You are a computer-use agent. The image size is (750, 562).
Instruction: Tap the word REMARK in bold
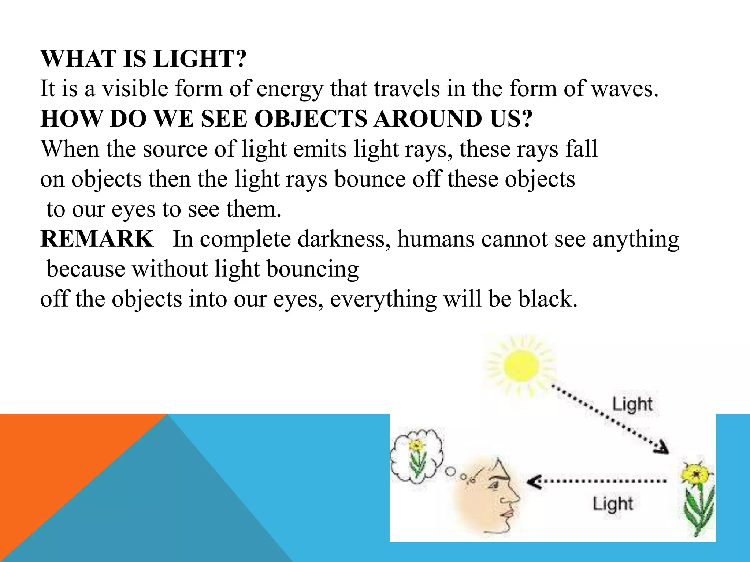click(x=97, y=239)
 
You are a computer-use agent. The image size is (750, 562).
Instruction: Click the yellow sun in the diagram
click(x=521, y=366)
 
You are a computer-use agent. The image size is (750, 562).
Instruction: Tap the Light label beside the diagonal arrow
click(x=632, y=405)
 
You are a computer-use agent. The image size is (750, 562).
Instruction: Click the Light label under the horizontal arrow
click(x=613, y=504)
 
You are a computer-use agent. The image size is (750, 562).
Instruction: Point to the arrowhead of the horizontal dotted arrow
click(x=533, y=482)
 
